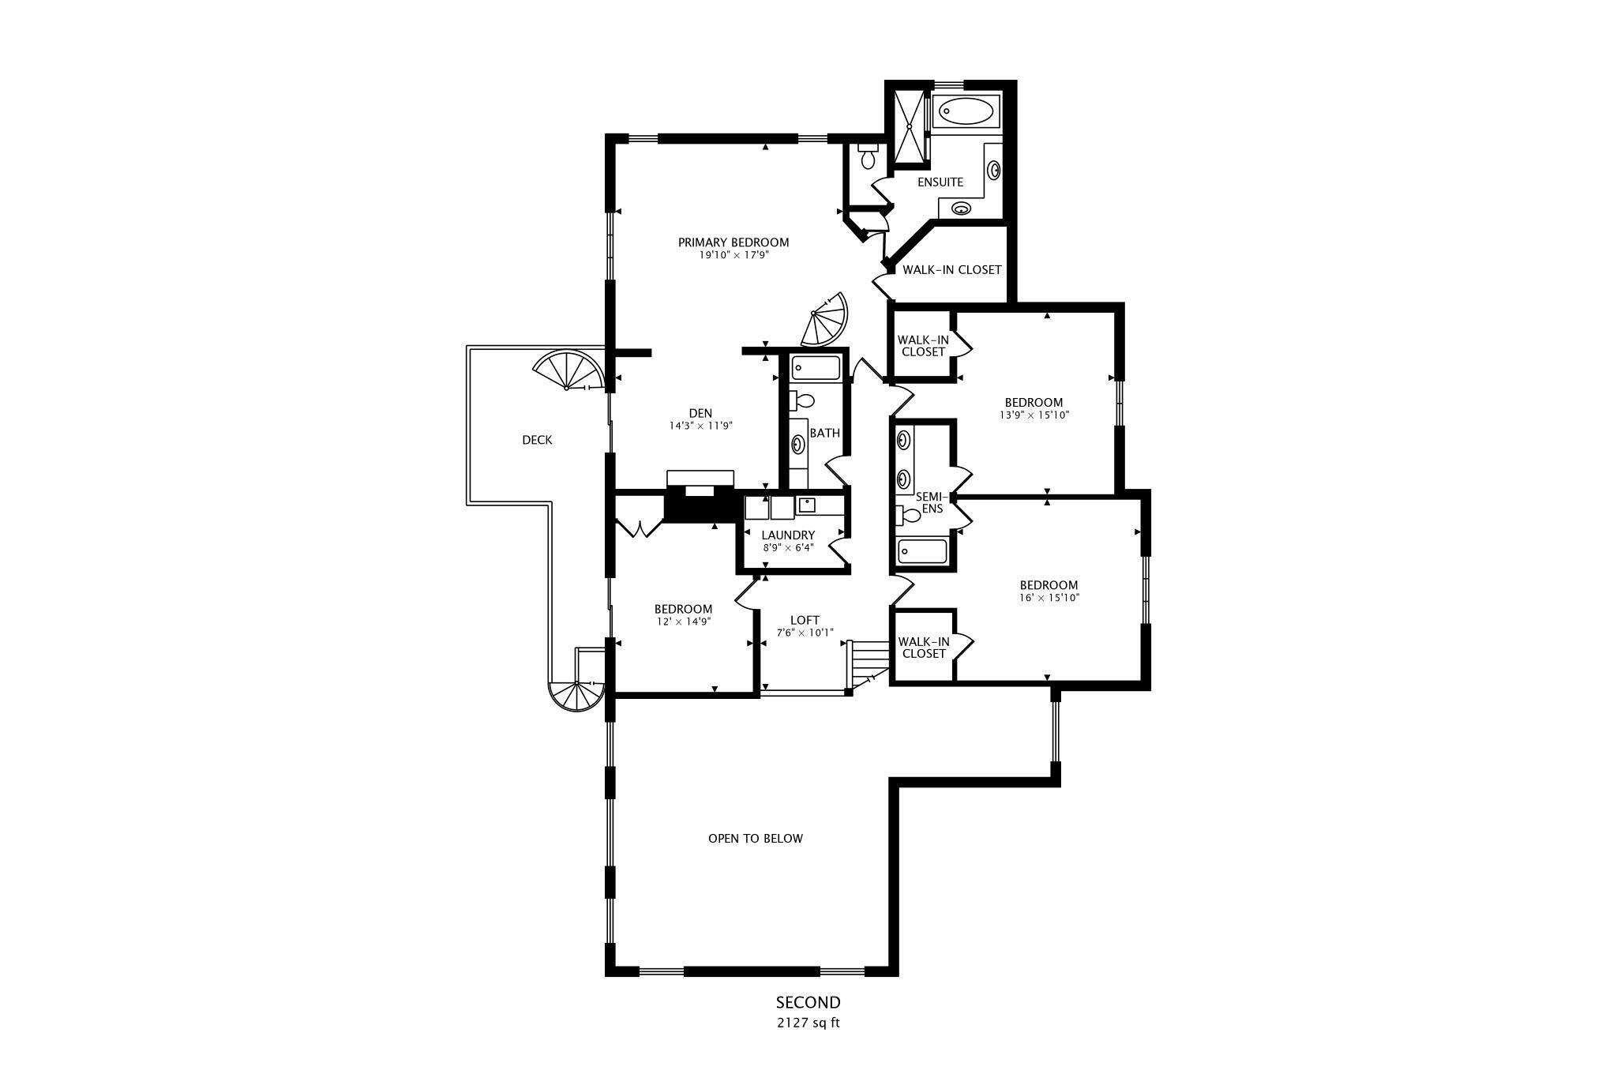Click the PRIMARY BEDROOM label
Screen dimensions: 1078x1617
click(x=733, y=242)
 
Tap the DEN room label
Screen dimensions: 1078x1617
click(x=700, y=413)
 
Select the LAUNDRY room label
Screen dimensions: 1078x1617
click(x=788, y=535)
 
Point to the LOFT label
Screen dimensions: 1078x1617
click(x=805, y=621)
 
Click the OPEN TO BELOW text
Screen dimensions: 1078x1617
click(x=756, y=839)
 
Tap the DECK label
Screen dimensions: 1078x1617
click(x=537, y=440)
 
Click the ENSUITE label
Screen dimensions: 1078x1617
click(x=940, y=182)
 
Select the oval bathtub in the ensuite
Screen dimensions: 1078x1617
click(x=966, y=111)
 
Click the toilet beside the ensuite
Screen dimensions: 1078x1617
click(x=868, y=158)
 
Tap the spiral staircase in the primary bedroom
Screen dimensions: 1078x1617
click(x=825, y=321)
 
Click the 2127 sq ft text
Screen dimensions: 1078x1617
click(x=807, y=1023)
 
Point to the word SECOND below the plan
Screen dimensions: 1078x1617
click(x=808, y=1003)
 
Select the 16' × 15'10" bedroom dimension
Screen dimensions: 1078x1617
click(x=1049, y=598)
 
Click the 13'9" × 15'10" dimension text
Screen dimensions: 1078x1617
click(x=1034, y=415)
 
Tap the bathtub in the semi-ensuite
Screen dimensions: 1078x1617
click(x=922, y=551)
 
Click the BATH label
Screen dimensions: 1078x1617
click(x=825, y=433)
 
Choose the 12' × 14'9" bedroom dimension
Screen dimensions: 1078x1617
click(x=683, y=622)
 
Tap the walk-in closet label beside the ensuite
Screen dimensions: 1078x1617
click(x=951, y=270)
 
